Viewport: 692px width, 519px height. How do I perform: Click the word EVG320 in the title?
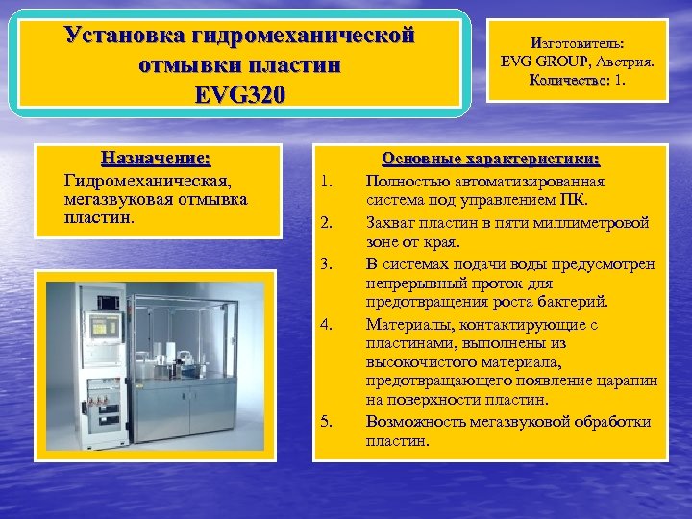click(x=240, y=95)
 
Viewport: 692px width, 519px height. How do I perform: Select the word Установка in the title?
click(x=127, y=36)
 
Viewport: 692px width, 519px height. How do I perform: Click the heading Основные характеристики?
click(x=490, y=159)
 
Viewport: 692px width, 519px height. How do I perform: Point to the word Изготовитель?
click(x=577, y=43)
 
